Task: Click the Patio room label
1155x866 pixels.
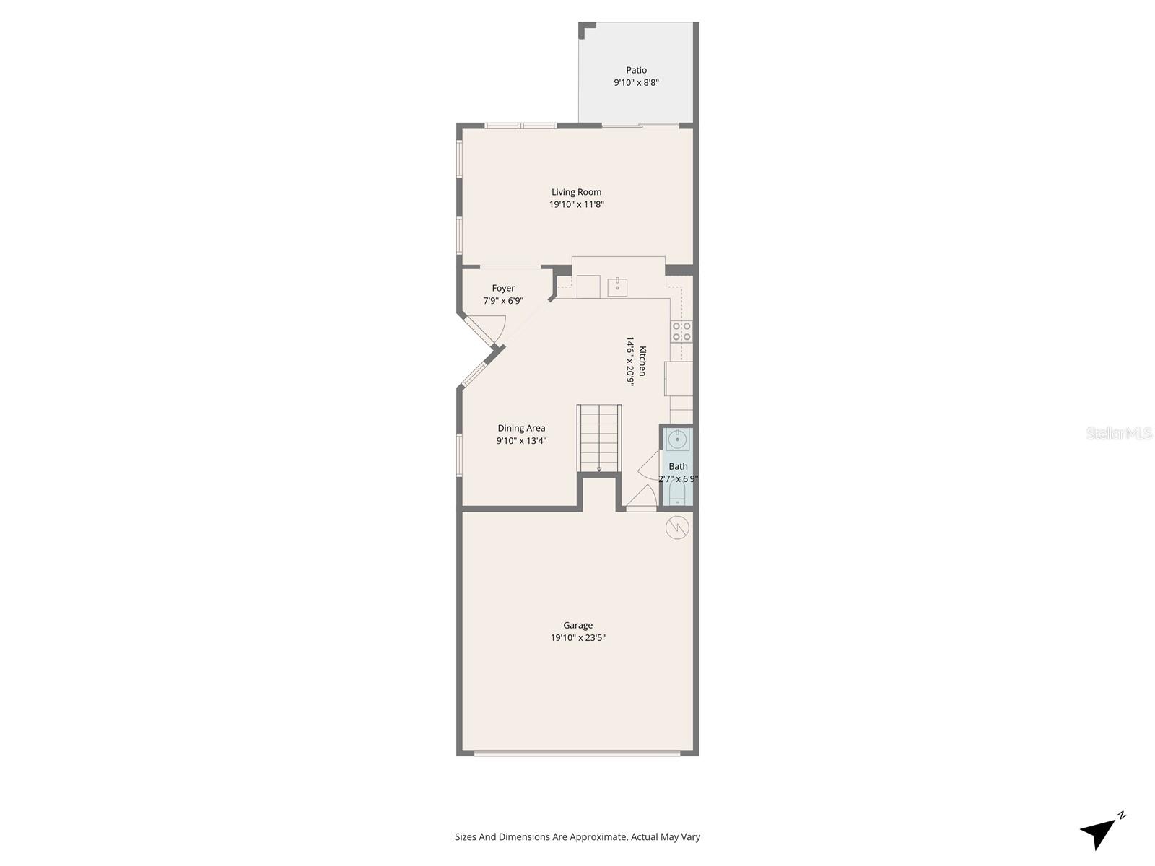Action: pos(636,70)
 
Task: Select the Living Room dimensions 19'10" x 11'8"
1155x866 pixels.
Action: pos(576,204)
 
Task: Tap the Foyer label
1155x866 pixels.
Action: pos(503,288)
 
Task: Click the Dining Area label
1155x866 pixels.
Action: pos(521,428)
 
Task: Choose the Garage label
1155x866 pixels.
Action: pos(577,625)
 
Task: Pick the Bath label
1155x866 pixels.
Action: pos(678,466)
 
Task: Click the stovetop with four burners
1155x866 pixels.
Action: pos(681,331)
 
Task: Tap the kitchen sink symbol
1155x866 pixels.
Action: pos(617,287)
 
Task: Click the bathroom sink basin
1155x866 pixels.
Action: pos(678,439)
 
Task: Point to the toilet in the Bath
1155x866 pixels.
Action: pos(678,494)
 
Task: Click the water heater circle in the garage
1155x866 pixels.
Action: pos(677,528)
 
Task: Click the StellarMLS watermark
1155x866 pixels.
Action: pos(1119,433)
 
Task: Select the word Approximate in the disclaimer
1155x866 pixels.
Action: pos(598,837)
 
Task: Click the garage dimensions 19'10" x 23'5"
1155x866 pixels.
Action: pos(577,638)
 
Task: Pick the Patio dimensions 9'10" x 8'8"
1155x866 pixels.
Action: pos(636,82)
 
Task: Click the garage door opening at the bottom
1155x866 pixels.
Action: pos(577,753)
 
